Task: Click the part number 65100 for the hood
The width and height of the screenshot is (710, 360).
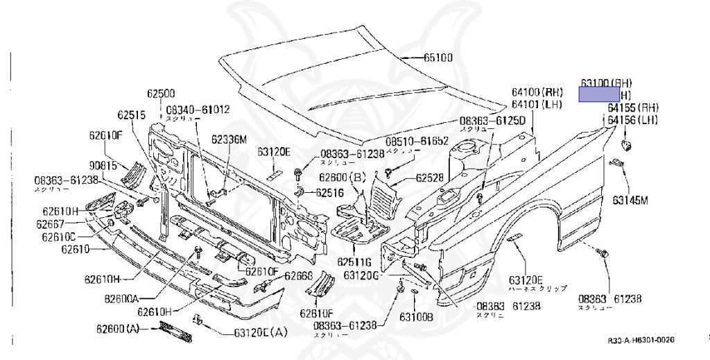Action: (438, 58)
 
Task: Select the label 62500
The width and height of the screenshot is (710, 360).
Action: (161, 94)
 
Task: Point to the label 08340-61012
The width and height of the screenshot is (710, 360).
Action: (198, 109)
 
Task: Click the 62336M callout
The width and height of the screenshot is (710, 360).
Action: (230, 139)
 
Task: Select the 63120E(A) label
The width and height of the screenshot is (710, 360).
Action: (260, 332)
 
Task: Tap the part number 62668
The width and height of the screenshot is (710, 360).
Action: (300, 275)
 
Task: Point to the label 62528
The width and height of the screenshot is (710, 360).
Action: (431, 178)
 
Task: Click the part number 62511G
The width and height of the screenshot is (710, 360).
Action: (356, 262)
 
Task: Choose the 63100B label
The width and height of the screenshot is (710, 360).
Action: (416, 318)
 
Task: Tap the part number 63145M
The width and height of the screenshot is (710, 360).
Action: (630, 201)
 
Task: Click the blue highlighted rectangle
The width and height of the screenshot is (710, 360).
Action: (599, 94)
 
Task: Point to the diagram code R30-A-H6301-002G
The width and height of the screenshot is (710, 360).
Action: (641, 341)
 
